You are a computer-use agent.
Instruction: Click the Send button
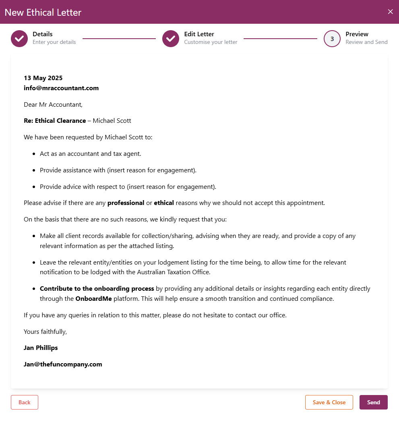click(x=373, y=402)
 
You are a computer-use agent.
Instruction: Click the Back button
click(x=25, y=402)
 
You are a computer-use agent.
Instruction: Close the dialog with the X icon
click(x=390, y=12)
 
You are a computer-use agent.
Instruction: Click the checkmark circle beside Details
click(x=19, y=39)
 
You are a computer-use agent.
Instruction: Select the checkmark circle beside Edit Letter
click(x=171, y=39)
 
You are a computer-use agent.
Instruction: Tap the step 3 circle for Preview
click(x=332, y=39)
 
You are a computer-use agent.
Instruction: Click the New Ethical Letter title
click(x=43, y=12)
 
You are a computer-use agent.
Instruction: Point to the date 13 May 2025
click(x=43, y=78)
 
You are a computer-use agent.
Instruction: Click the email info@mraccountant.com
click(x=61, y=88)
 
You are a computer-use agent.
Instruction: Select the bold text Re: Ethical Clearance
click(x=55, y=121)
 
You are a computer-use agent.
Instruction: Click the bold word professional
click(x=126, y=203)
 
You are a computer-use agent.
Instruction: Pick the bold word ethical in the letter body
click(x=164, y=203)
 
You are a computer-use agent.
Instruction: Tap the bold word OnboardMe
click(x=94, y=299)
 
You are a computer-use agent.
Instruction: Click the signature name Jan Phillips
click(x=41, y=348)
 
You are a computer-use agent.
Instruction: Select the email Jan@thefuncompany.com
click(x=63, y=364)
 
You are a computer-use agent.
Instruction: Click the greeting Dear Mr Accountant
click(x=53, y=105)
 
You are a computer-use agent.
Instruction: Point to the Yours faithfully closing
click(x=45, y=332)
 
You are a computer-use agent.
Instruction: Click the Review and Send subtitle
click(x=366, y=42)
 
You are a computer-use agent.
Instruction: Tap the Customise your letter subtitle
click(x=211, y=42)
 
